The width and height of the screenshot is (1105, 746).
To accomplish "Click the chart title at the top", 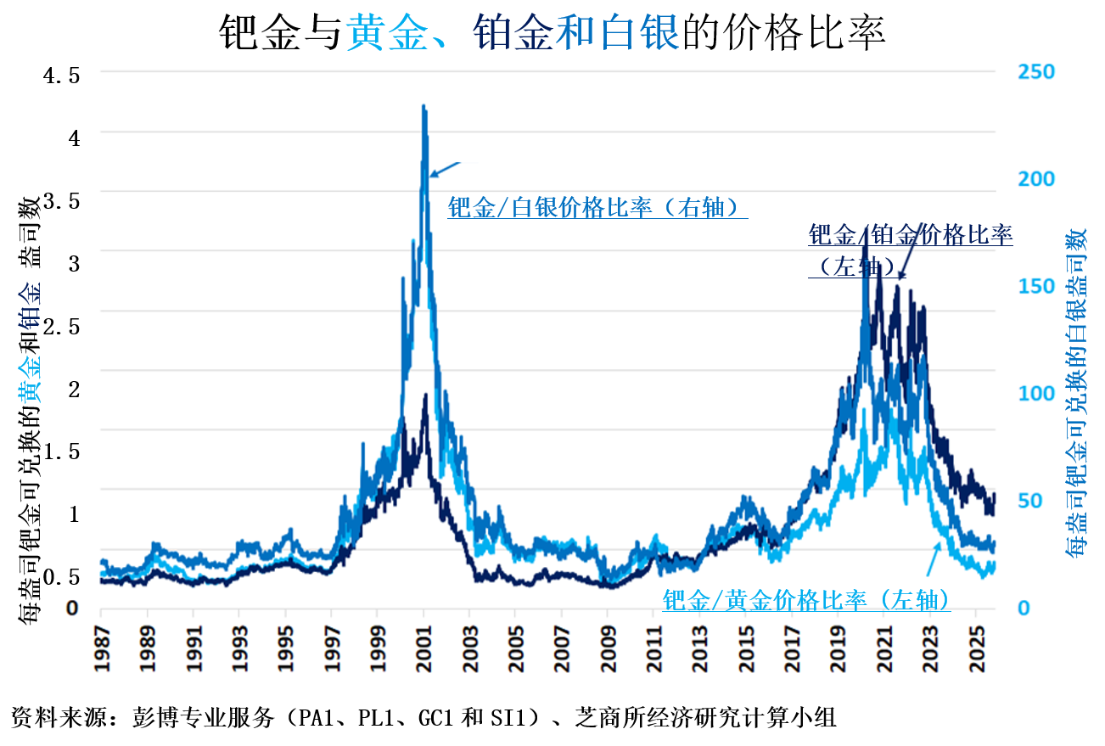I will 552,32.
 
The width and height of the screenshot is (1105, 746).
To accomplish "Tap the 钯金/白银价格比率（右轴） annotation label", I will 597,207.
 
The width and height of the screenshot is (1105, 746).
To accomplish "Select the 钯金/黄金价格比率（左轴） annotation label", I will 805,600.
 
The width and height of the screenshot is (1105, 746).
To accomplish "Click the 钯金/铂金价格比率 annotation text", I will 910,234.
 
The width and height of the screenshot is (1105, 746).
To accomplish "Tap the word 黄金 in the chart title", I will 379,32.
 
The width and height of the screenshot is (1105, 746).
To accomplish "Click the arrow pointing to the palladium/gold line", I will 931,560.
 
